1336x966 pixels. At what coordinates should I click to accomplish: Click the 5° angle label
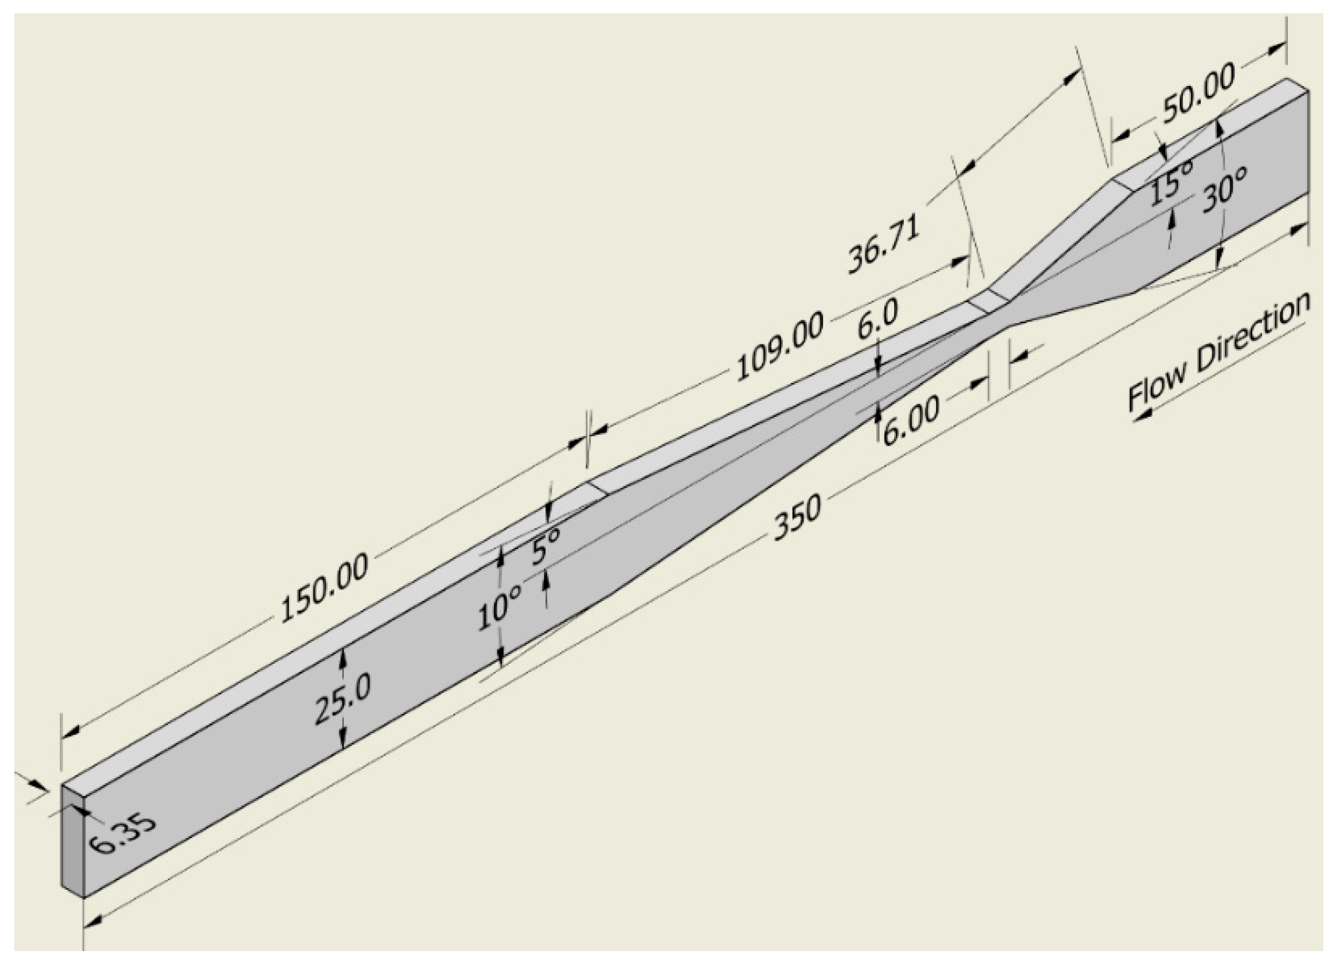[x=546, y=545]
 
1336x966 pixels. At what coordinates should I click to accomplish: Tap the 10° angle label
[x=500, y=611]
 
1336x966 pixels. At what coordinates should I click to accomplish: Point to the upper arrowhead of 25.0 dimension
[x=342, y=656]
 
